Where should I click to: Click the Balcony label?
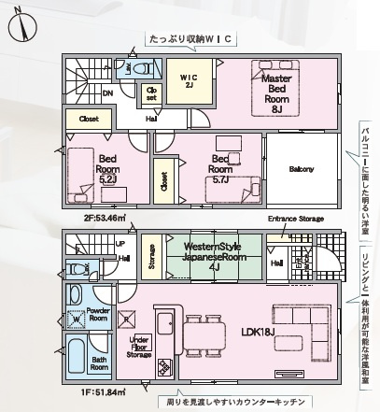pyautogui.click(x=301, y=169)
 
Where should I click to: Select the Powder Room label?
pyautogui.click(x=99, y=314)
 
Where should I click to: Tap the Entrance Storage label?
pyautogui.click(x=296, y=219)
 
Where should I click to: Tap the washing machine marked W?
pyautogui.click(x=77, y=316)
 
